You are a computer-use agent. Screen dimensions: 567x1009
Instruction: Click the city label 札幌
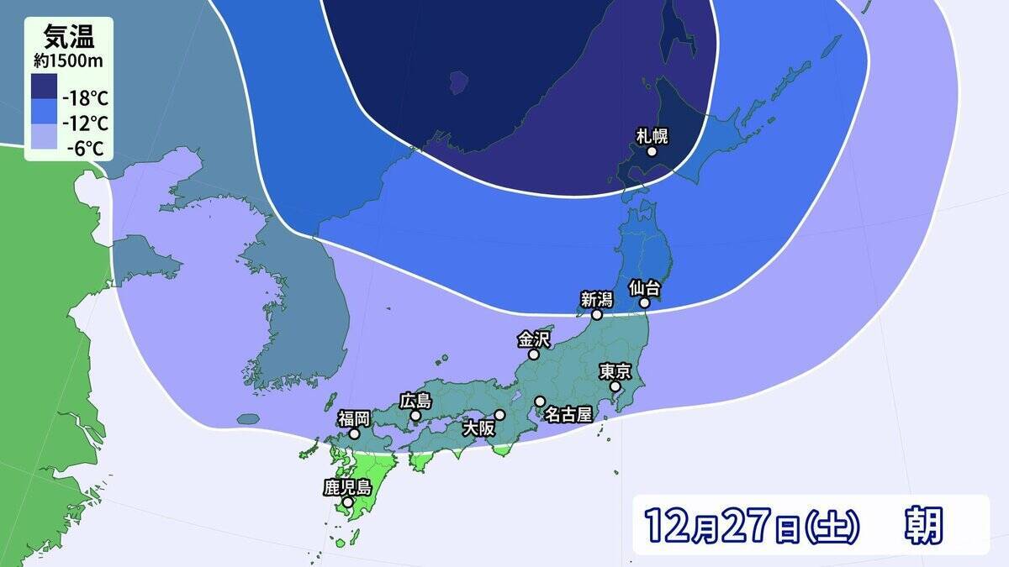point(652,136)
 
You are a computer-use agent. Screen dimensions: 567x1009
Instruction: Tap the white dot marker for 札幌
point(652,152)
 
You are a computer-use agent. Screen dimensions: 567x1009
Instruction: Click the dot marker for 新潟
point(596,314)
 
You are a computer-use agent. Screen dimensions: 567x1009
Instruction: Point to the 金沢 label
point(533,339)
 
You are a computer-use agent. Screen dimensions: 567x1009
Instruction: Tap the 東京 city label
point(615,370)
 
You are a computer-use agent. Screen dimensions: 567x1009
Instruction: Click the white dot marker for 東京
point(615,386)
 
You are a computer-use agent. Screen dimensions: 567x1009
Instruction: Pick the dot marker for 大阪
point(499,414)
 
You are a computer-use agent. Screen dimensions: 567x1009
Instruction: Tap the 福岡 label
point(354,418)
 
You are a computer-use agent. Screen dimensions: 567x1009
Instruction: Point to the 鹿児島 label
point(347,486)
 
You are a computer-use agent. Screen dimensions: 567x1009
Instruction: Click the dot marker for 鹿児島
point(347,502)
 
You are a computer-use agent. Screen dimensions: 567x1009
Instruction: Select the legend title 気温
point(68,36)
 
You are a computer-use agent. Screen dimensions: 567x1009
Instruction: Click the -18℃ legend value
point(87,97)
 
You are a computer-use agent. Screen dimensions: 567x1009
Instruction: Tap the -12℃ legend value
point(87,124)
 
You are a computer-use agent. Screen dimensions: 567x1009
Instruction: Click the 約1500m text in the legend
point(68,60)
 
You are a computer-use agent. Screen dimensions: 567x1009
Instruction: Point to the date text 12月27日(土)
point(752,525)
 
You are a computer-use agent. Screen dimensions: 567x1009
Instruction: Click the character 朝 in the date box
point(923,525)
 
